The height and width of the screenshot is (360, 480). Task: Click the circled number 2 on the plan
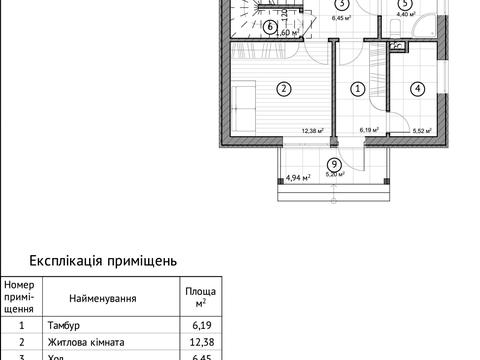pos(284,89)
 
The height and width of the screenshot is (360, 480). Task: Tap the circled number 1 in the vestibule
pos(357,89)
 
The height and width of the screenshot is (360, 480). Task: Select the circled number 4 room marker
pos(415,89)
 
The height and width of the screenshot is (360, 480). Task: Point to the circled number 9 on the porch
pos(333,165)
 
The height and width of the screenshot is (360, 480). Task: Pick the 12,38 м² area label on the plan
pos(315,129)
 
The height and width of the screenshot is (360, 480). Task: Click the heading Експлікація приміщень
pos(104,260)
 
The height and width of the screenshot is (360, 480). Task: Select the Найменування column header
pos(103,298)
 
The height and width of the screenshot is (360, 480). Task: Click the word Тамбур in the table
pos(65,325)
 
